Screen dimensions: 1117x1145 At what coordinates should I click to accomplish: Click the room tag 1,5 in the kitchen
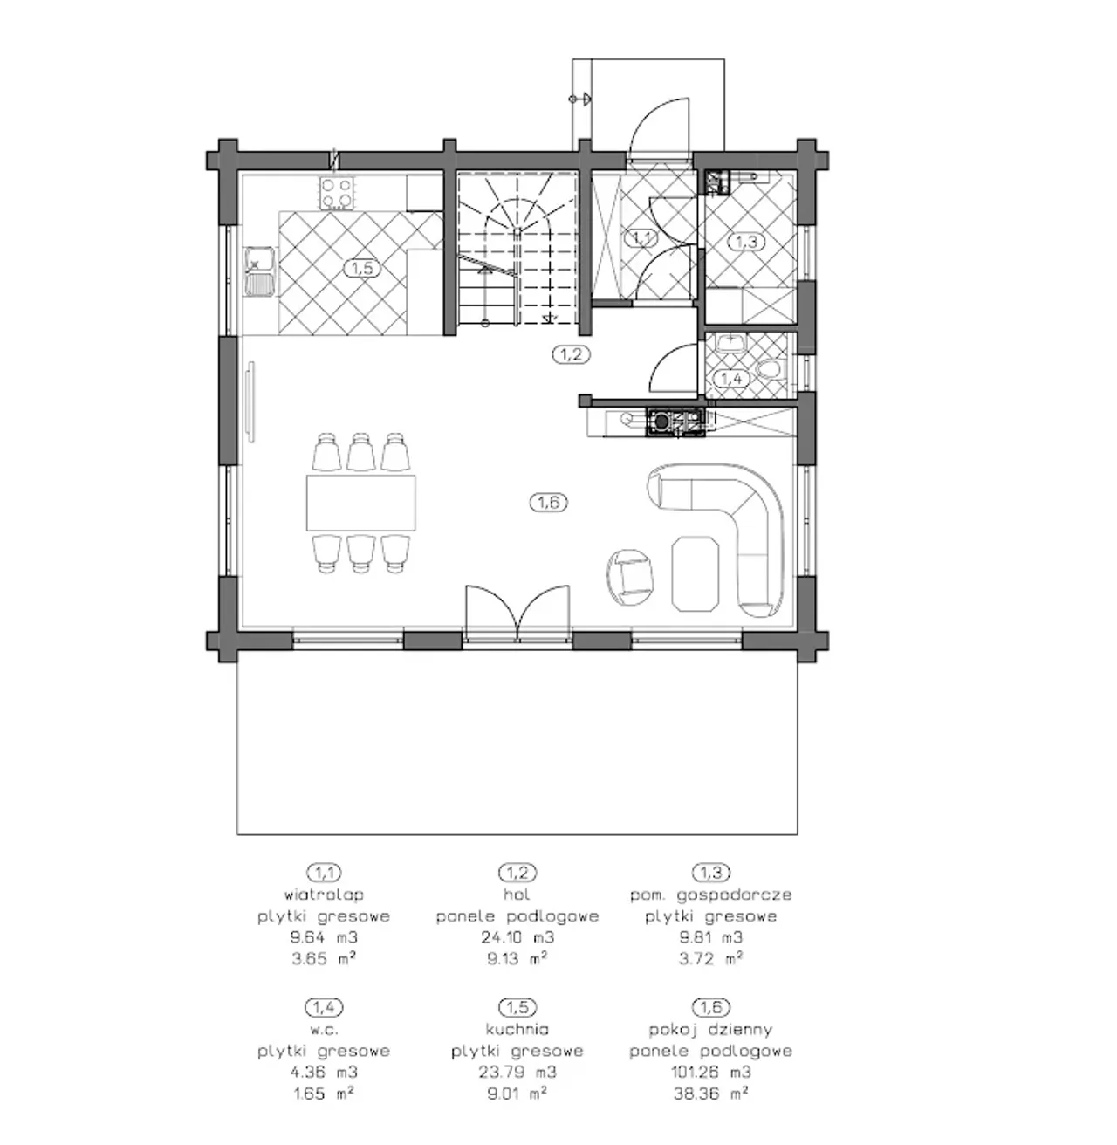point(362,268)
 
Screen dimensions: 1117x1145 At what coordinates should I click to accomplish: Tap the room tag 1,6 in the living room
point(549,503)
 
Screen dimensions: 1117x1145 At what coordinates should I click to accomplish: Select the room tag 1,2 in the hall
point(571,354)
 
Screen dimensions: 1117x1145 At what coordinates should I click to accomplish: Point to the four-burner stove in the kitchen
point(337,193)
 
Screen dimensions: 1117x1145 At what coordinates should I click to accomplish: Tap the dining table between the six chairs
point(361,503)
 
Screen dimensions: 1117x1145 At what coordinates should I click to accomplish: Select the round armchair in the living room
point(630,577)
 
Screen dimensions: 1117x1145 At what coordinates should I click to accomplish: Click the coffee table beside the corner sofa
point(696,573)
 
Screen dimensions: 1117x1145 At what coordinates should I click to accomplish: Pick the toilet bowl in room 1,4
point(771,369)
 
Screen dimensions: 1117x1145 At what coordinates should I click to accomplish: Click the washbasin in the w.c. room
point(730,342)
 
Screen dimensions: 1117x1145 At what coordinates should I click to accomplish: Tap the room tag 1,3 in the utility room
point(747,241)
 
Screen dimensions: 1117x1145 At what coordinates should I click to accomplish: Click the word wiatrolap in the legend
point(324,895)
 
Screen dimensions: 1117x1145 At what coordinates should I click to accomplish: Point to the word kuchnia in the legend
point(517,1029)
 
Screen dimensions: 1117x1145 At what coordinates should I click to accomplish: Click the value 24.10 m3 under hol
point(517,936)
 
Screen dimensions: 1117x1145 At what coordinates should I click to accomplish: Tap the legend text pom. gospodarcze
point(710,895)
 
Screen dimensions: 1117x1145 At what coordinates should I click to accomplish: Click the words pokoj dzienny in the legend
point(710,1030)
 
